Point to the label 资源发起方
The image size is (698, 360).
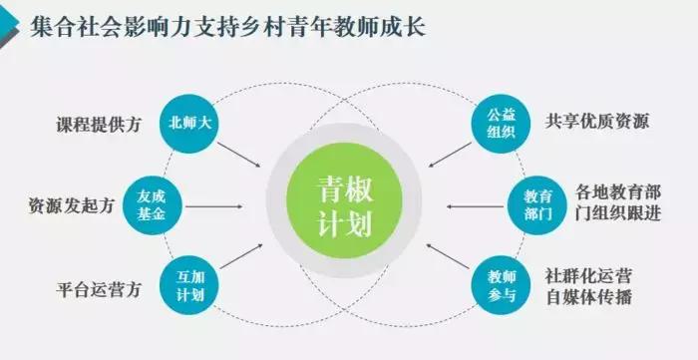pos(71,206)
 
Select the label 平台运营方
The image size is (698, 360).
pos(99,290)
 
